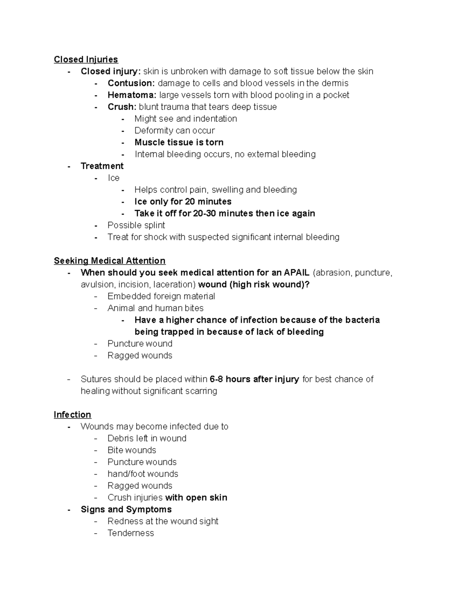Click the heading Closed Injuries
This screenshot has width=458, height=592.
(x=86, y=59)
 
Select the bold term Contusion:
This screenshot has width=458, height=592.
(x=131, y=83)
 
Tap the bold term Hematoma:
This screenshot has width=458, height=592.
(x=132, y=95)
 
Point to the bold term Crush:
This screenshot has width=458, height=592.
(x=122, y=107)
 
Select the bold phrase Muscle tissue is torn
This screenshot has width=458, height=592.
(x=179, y=142)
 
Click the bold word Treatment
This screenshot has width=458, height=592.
(x=102, y=166)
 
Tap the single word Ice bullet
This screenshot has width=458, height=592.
(x=113, y=178)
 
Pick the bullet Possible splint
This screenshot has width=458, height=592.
(x=136, y=225)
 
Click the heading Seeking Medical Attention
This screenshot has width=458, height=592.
(x=110, y=261)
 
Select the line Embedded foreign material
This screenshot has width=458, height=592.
(x=161, y=296)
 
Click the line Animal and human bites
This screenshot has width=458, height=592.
(x=155, y=308)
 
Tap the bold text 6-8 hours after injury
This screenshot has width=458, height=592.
(x=254, y=379)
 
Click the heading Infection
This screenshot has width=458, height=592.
(x=73, y=415)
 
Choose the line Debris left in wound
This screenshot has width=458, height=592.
(x=147, y=438)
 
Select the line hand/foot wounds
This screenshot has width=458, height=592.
(x=143, y=474)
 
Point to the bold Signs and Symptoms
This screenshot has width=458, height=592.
(x=126, y=509)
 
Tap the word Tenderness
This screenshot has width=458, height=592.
(x=131, y=533)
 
